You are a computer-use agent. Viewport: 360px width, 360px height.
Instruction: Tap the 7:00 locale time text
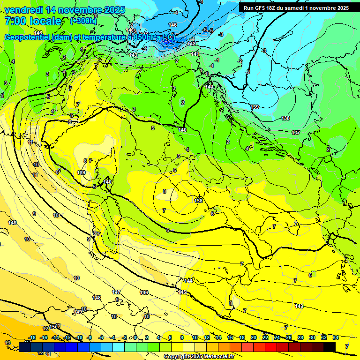tap(32, 21)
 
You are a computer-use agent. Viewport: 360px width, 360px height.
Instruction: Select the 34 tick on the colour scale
tap(336, 337)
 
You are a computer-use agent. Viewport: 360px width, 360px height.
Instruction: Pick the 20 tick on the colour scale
tap(253, 337)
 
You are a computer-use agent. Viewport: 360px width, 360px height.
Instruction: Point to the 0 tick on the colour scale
tap(135, 337)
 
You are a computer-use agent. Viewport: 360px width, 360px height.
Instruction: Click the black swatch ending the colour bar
tap(330, 347)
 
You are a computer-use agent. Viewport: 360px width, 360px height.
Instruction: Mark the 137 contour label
tap(296, 133)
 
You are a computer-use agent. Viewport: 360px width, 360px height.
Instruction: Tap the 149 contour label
tap(78, 311)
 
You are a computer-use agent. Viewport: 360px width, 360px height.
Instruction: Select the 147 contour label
tap(116, 292)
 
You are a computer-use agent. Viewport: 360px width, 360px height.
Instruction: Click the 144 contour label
tap(188, 281)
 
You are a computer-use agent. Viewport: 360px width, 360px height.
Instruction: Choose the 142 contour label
tap(191, 43)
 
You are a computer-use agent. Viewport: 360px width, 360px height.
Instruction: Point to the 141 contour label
tap(195, 54)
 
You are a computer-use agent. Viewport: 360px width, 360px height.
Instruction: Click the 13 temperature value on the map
tap(7, 343)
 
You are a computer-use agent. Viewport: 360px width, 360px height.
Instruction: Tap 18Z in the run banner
tap(271, 8)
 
